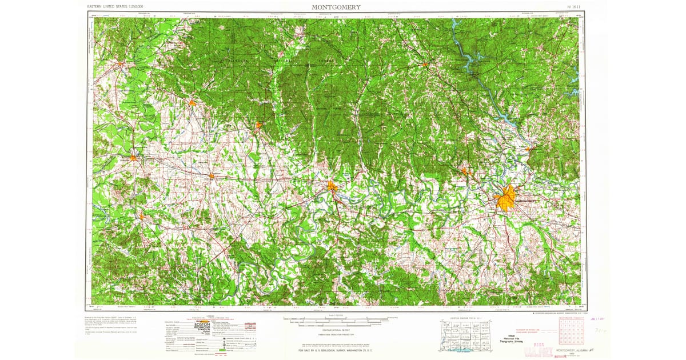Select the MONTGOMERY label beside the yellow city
point(526,201)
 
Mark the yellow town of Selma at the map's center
point(332,185)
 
